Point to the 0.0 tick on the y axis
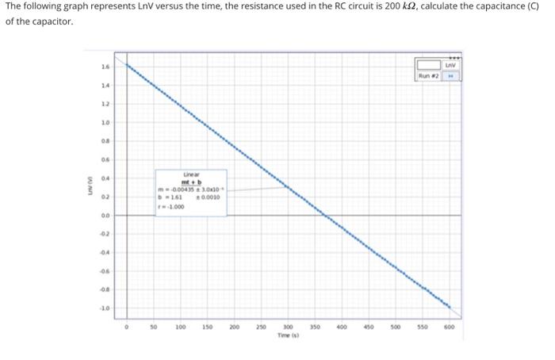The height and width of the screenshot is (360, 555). pyautogui.click(x=105, y=214)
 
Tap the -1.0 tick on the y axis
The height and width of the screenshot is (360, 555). pyautogui.click(x=105, y=306)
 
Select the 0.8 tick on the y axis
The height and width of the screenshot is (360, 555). pyautogui.click(x=105, y=141)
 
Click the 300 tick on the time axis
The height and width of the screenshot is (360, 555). pyautogui.click(x=289, y=326)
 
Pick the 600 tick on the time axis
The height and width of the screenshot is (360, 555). pyautogui.click(x=450, y=326)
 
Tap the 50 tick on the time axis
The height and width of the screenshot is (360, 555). pyautogui.click(x=154, y=326)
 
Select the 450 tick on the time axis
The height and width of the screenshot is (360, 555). pyautogui.click(x=369, y=326)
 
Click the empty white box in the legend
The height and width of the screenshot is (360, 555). pyautogui.click(x=429, y=65)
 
